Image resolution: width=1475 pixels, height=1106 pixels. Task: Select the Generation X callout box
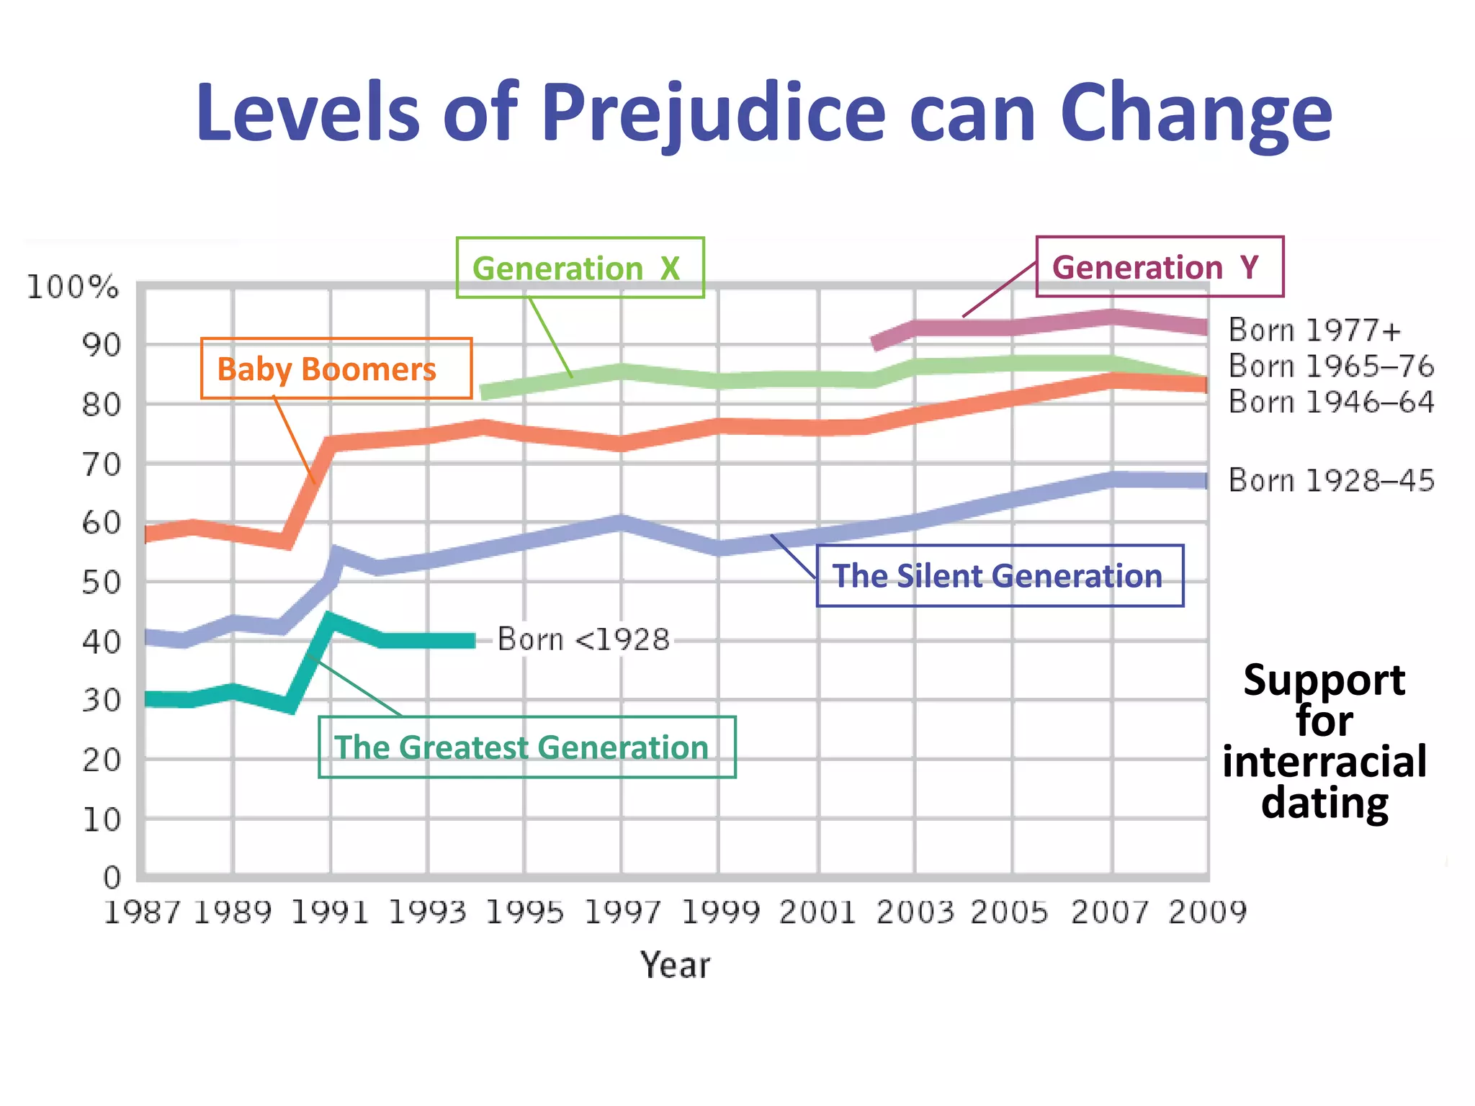pos(580,268)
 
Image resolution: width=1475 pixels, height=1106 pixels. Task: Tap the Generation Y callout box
pos(1160,267)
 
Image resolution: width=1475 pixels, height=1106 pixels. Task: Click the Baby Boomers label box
pos(336,369)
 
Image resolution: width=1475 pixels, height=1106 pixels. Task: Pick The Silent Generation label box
pos(1000,576)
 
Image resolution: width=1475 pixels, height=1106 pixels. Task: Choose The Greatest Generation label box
pos(526,747)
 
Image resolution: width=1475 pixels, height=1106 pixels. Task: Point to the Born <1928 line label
pos(583,639)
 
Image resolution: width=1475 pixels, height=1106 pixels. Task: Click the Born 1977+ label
pos(1315,331)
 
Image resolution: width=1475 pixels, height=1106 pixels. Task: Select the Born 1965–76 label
pos(1331,367)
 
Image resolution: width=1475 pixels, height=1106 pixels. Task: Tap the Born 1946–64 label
pos(1331,402)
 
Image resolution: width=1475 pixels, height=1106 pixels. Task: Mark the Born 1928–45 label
pos(1331,480)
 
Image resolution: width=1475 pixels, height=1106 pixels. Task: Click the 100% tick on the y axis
pos(73,287)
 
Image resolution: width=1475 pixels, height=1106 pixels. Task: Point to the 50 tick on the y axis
pos(101,583)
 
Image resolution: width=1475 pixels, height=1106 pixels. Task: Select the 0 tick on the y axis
pos(112,878)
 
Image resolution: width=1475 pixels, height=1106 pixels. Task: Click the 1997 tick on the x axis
pos(622,913)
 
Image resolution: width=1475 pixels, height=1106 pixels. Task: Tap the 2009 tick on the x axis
pos(1207,913)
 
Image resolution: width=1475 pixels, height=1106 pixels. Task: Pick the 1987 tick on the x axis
pos(142,913)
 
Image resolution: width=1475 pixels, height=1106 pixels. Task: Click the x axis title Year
pos(675,966)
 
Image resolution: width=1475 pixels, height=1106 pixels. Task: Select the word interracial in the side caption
pos(1324,762)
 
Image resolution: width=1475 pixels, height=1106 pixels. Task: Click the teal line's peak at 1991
pos(329,618)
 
